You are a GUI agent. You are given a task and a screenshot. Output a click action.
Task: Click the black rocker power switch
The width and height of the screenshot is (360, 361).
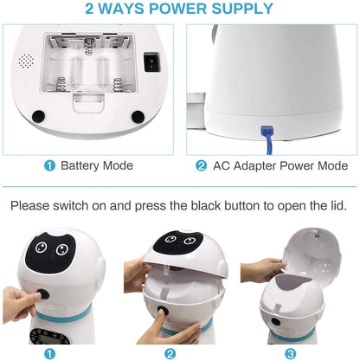click(x=151, y=61)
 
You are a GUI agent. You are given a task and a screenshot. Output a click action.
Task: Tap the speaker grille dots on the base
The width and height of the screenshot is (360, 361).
click(x=26, y=61)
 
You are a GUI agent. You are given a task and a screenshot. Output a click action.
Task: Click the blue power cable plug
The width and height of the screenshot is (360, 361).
click(x=267, y=132)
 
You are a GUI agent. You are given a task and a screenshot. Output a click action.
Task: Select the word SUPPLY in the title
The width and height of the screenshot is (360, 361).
click(x=242, y=9)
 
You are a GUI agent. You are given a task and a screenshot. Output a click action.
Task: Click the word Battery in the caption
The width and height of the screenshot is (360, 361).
click(x=80, y=165)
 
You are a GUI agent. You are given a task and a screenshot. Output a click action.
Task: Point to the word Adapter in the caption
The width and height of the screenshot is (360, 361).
click(x=255, y=166)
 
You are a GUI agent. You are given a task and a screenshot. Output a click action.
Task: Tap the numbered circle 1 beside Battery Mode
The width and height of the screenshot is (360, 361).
click(x=49, y=166)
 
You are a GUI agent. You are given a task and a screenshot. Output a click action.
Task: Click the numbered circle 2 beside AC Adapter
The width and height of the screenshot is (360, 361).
click(x=201, y=166)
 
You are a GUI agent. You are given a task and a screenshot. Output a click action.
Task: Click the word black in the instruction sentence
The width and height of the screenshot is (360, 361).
click(x=206, y=206)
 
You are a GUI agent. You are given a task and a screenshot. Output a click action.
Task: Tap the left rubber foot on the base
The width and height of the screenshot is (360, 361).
click(x=38, y=116)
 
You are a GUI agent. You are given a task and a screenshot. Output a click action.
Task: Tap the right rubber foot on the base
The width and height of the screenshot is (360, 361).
click(x=138, y=117)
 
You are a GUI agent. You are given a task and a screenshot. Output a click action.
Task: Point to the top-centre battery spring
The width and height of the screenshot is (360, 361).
click(x=88, y=47)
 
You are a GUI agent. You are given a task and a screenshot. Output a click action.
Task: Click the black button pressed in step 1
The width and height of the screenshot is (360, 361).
click(x=42, y=295)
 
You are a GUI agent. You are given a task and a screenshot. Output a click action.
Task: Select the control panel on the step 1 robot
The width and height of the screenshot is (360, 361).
click(x=50, y=336)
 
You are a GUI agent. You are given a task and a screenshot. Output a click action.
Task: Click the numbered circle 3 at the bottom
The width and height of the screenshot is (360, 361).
click(x=290, y=354)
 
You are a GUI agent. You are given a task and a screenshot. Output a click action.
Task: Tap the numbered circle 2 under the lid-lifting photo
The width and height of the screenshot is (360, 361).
click(x=170, y=354)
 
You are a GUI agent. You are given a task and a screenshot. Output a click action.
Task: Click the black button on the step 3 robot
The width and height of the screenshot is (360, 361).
click(x=275, y=321)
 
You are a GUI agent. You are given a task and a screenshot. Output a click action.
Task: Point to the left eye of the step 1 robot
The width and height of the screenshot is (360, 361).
click(x=42, y=247)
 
